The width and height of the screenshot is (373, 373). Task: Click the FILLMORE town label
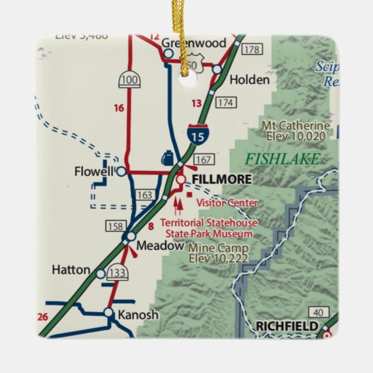click(222, 180)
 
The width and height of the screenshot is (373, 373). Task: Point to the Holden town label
click(250, 80)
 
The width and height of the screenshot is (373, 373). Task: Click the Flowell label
click(94, 171)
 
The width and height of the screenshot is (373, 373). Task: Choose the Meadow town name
click(159, 246)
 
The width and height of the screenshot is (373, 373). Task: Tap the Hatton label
click(71, 270)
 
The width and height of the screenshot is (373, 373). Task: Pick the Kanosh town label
click(137, 315)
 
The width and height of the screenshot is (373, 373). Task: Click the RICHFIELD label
click(287, 327)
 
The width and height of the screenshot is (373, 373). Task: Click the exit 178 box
click(251, 49)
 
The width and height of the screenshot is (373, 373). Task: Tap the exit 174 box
click(226, 103)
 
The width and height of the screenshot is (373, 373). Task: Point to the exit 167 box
click(204, 159)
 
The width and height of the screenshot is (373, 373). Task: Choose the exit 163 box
click(145, 195)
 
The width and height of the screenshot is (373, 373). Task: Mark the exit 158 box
click(114, 225)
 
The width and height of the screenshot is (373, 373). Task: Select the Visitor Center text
click(227, 203)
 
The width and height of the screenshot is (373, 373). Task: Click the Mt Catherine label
click(295, 126)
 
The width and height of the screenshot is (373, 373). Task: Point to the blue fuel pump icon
click(166, 158)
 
